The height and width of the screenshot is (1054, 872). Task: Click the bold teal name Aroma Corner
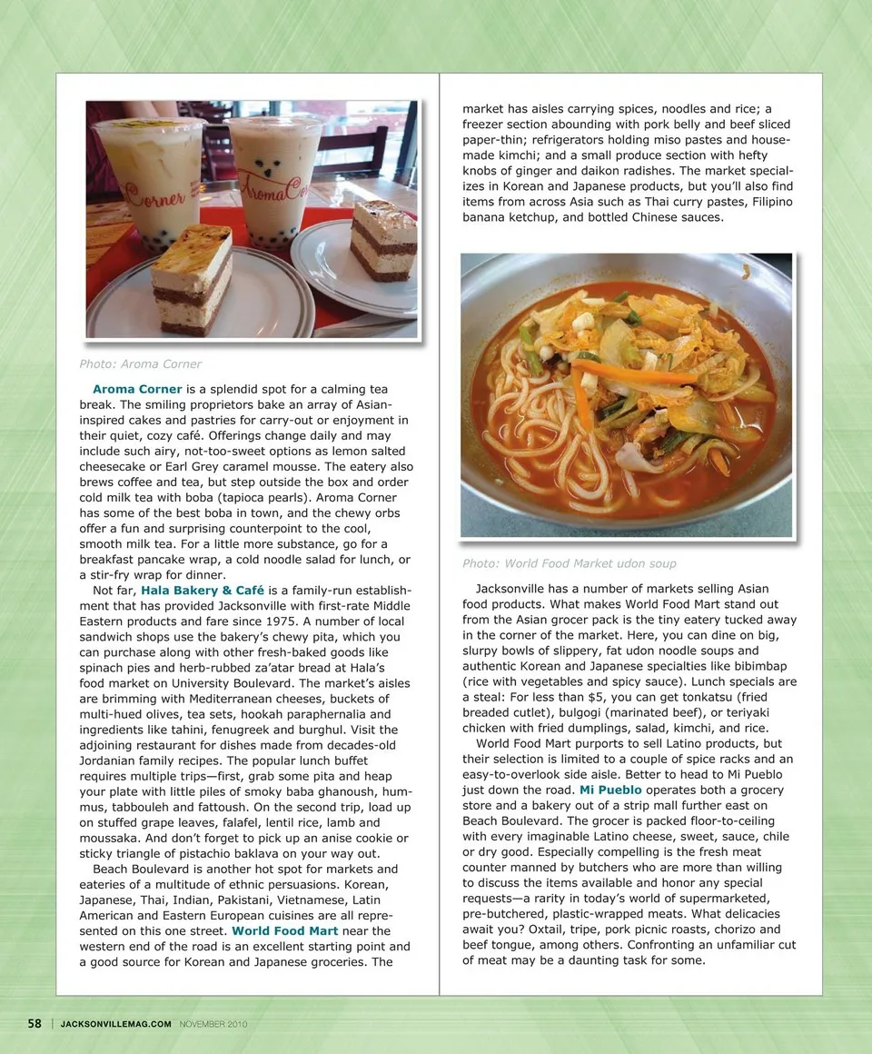pos(137,389)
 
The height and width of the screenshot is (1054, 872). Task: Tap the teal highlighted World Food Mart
pos(284,930)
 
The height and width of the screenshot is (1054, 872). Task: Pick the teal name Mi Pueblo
pos(610,790)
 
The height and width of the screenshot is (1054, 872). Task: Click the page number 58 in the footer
pos(35,1023)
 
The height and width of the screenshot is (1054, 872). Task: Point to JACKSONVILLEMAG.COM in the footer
pos(115,1024)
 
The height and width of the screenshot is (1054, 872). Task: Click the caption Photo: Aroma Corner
pos(141,364)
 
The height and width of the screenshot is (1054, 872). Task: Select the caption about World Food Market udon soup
pos(569,563)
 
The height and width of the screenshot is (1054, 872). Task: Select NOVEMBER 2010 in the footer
pos(213,1024)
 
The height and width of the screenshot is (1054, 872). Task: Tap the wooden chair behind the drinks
pos(354,150)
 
